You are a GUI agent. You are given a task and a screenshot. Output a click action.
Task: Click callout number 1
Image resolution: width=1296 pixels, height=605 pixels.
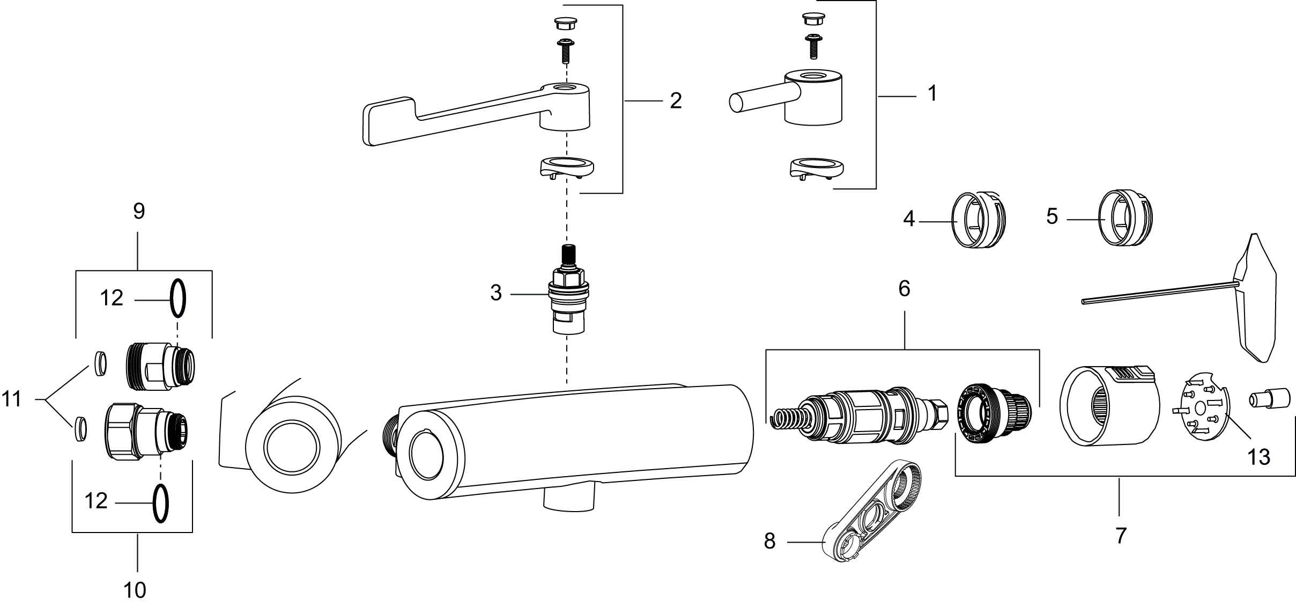tap(932, 93)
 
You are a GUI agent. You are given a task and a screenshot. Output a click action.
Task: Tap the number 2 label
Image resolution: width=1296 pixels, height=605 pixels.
tap(676, 100)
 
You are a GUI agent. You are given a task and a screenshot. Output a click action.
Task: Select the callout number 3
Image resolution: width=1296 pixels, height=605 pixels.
tap(496, 293)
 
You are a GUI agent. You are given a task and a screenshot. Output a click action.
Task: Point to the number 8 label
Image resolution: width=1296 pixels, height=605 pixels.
tap(769, 541)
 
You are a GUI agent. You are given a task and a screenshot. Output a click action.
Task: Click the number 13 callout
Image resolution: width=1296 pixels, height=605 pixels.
tap(1258, 457)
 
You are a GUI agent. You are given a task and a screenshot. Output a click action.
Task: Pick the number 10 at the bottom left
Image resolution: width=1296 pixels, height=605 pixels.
tap(135, 590)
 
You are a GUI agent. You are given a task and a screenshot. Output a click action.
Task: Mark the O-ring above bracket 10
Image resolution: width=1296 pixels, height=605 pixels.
tap(160, 503)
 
